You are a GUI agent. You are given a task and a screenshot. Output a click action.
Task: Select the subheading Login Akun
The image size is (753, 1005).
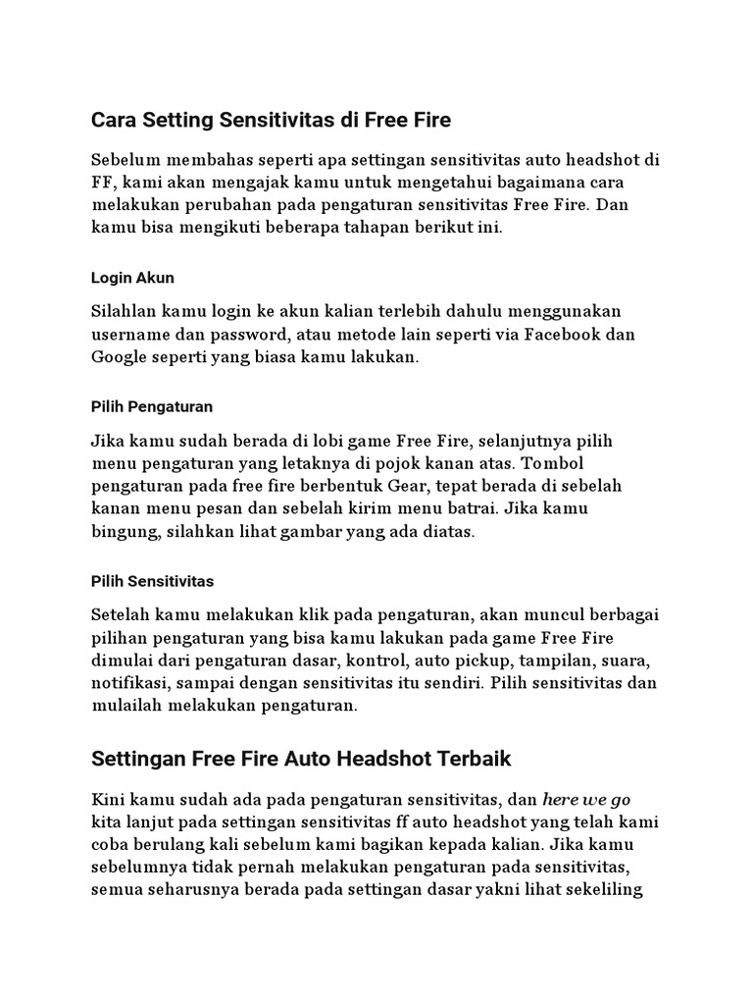132,278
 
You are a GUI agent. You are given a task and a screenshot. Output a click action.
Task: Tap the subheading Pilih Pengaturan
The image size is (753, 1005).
152,405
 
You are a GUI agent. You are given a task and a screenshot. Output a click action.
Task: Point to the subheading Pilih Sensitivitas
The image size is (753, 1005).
152,581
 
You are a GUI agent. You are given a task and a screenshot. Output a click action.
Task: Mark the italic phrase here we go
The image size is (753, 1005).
586,798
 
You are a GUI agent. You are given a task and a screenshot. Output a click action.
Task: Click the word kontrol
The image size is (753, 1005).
371,658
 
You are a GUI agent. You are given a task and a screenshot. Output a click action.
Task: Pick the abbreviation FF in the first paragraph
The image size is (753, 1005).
103,183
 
